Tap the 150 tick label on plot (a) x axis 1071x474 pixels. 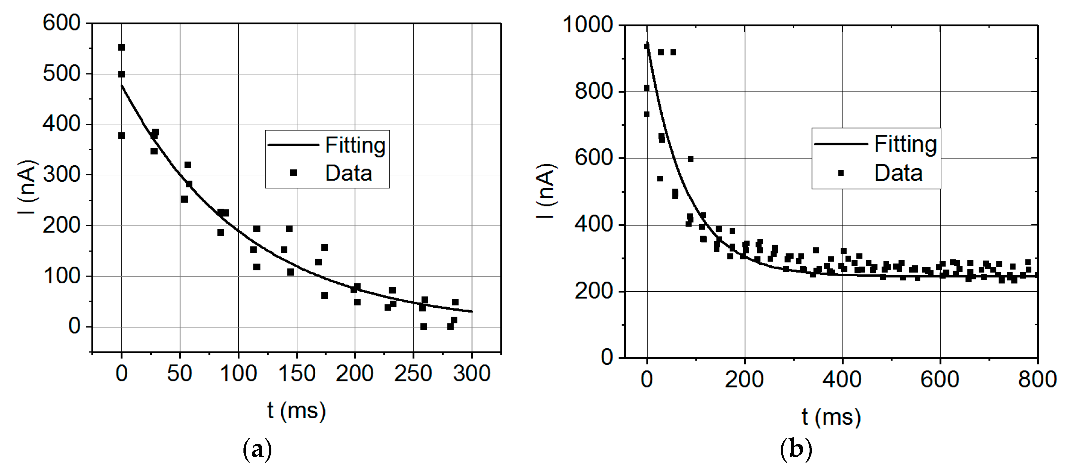click(x=296, y=373)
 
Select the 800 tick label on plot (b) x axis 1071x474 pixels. click(x=1037, y=379)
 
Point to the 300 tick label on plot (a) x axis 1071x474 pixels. click(x=472, y=373)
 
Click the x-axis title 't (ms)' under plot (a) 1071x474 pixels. click(x=296, y=411)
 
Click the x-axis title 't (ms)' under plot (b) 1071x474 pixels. click(x=831, y=416)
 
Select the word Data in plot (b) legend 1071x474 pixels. click(x=898, y=173)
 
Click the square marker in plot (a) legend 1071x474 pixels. click(x=293, y=173)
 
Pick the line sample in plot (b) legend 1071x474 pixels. click(x=841, y=144)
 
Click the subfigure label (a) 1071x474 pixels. click(x=257, y=450)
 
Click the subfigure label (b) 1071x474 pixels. click(x=796, y=450)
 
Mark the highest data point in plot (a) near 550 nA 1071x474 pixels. click(x=121, y=47)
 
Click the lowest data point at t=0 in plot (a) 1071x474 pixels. click(x=121, y=136)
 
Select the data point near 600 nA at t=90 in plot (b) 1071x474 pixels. click(x=691, y=159)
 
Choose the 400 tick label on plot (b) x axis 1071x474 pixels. click(x=842, y=379)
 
